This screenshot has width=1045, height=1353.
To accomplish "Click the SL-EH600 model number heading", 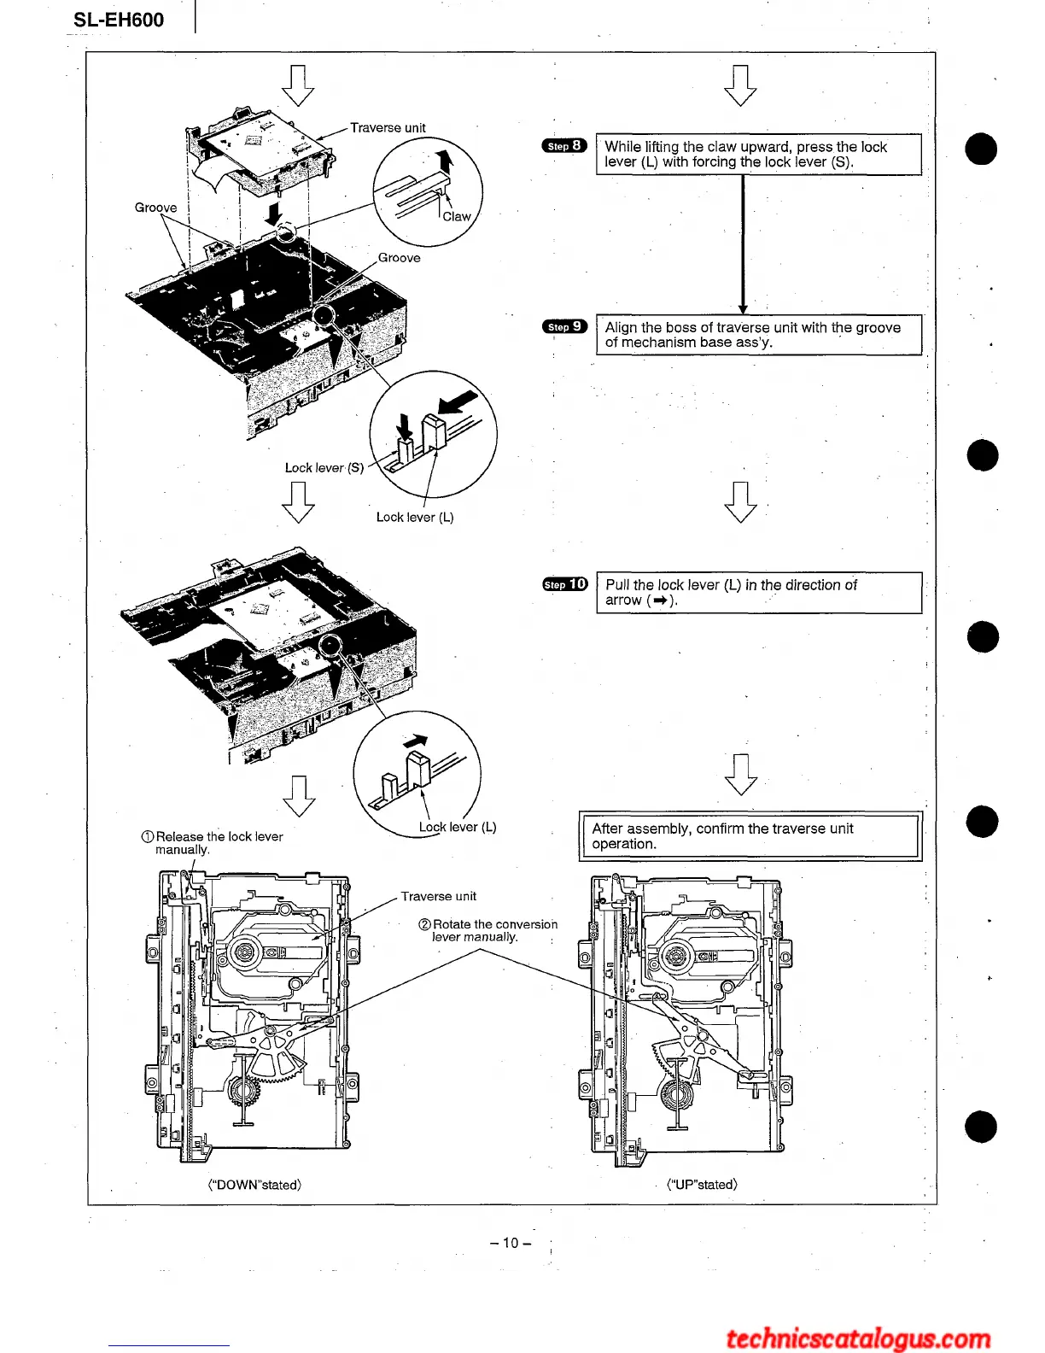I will (119, 20).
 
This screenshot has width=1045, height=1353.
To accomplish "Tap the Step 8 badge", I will (564, 145).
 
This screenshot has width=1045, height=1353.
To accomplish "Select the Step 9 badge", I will (564, 326).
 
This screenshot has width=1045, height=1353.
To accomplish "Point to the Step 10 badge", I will (565, 584).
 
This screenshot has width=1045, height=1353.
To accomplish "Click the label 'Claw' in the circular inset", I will (456, 217).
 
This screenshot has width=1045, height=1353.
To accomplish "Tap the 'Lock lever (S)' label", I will (324, 468).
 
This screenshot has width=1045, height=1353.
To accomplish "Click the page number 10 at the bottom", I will (511, 1243).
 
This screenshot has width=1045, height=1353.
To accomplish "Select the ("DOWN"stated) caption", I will (254, 1185).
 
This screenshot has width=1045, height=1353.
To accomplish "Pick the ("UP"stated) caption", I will (702, 1184).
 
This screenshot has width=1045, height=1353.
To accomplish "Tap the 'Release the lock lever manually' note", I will (212, 843).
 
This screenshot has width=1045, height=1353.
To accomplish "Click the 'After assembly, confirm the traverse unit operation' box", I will (750, 836).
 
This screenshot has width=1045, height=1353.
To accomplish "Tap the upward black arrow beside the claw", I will (443, 162).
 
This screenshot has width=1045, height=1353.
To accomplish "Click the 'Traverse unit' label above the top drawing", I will (388, 128).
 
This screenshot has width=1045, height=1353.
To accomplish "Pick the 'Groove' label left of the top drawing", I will (156, 208).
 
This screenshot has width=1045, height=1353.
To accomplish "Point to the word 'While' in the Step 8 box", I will (622, 147).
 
